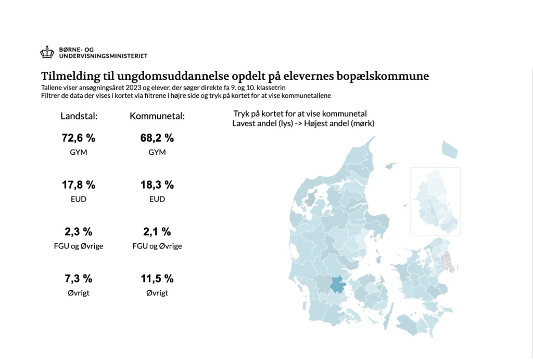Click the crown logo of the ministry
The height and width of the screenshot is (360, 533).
pyautogui.click(x=47, y=52)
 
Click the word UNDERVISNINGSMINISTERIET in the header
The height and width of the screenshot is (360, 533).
pyautogui.click(x=104, y=56)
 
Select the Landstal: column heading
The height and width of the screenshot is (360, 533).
pyautogui.click(x=79, y=116)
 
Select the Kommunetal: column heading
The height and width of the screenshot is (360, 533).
pyautogui.click(x=157, y=116)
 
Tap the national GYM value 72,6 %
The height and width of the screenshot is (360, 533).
pyautogui.click(x=79, y=138)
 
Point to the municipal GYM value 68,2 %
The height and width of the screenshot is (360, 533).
pyautogui.click(x=157, y=138)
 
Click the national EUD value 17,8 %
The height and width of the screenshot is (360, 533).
pyautogui.click(x=79, y=185)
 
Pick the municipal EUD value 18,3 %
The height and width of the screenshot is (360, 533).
pyautogui.click(x=157, y=185)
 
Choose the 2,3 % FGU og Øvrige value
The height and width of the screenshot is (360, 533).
pyautogui.click(x=79, y=232)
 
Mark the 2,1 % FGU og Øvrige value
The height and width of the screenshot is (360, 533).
pyautogui.click(x=157, y=232)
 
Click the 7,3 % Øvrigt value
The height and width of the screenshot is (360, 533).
pyautogui.click(x=79, y=279)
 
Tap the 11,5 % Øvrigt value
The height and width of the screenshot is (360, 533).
pyautogui.click(x=157, y=279)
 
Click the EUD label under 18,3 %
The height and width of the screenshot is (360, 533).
pyautogui.click(x=157, y=199)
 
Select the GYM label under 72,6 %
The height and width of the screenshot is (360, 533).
pyautogui.click(x=79, y=152)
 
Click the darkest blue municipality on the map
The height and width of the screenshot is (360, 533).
pyautogui.click(x=337, y=284)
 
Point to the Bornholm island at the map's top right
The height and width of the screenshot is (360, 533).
pyautogui.click(x=450, y=150)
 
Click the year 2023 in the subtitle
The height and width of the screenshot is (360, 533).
pyautogui.click(x=133, y=88)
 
